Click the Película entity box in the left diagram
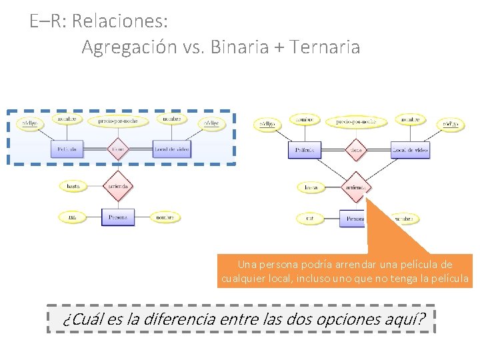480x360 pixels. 67,149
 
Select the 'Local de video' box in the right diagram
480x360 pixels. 410,150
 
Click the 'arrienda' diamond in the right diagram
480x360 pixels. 355,188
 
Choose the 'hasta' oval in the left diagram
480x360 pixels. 73,186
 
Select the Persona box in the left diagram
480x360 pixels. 118,217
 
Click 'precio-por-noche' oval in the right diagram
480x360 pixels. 351,121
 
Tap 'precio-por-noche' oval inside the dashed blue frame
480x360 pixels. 118,121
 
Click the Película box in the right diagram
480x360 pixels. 305,151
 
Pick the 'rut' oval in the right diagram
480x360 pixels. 310,218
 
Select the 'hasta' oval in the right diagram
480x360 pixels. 311,188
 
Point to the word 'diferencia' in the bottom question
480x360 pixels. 179,319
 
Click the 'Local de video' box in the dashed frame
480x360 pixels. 171,149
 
